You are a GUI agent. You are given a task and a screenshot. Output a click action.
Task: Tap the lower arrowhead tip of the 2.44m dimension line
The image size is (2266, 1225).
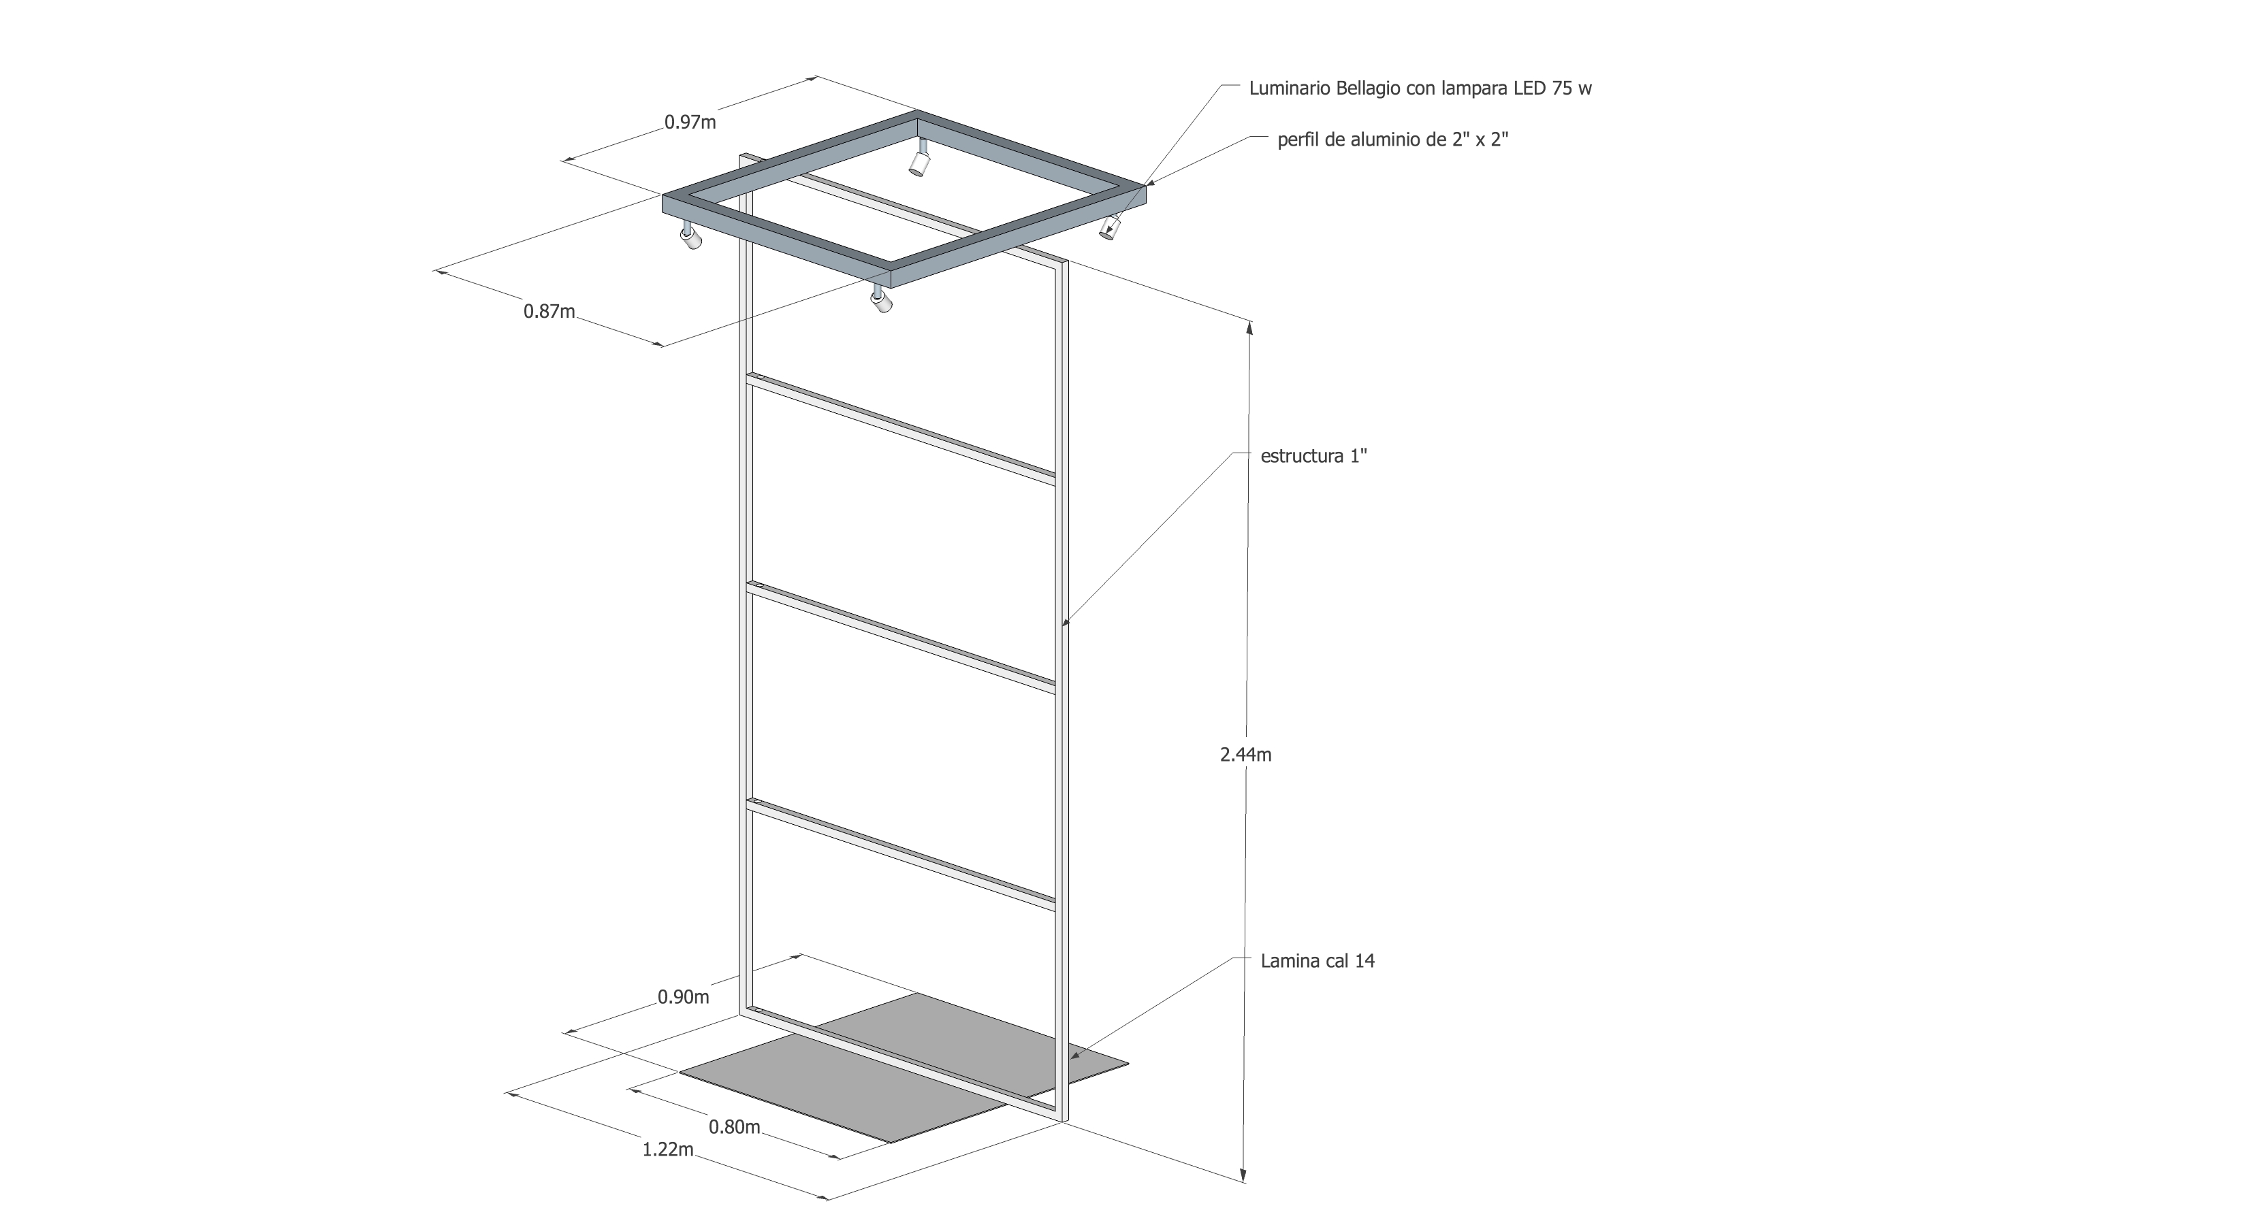coord(1243,1181)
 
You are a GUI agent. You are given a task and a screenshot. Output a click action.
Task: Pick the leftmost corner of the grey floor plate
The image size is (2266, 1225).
coord(680,1072)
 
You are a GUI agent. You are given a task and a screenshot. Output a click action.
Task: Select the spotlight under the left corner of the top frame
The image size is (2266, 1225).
coord(690,237)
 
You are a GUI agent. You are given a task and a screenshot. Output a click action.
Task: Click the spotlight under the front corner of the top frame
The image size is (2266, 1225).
coord(880,299)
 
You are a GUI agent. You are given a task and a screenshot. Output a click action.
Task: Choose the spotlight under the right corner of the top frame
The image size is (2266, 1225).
coord(1110,228)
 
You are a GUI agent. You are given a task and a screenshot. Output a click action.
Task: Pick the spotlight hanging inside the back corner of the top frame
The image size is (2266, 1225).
coord(919,159)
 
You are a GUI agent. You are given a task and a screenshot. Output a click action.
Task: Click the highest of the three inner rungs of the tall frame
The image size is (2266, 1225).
coord(901,428)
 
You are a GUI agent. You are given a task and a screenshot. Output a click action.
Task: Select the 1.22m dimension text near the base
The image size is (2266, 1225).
coord(668,1149)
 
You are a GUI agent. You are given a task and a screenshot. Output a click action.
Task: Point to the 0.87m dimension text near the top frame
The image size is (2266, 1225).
coord(549,310)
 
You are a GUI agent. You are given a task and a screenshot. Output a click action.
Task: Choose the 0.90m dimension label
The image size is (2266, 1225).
coord(684,997)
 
